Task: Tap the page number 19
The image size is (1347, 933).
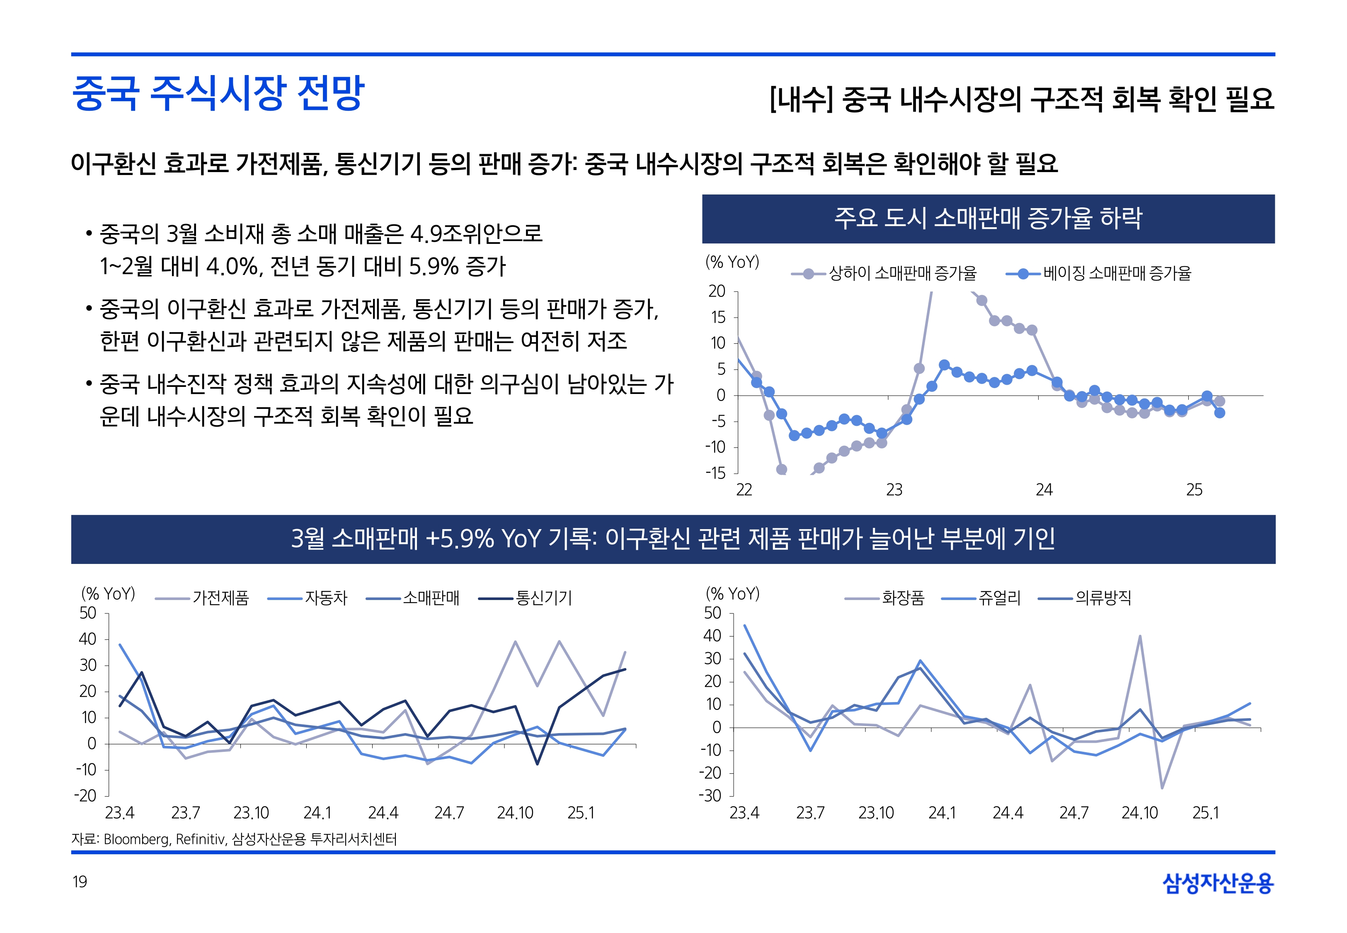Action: [x=80, y=882]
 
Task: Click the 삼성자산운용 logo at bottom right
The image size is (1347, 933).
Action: [x=1218, y=883]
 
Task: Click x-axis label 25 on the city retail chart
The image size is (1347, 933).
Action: [x=1194, y=490]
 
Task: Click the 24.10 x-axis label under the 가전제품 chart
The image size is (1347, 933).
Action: [x=515, y=813]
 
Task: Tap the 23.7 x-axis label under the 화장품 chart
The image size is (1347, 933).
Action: [x=810, y=813]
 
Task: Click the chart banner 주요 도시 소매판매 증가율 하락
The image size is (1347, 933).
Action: [x=988, y=219]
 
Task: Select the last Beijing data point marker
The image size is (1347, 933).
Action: [x=1220, y=413]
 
